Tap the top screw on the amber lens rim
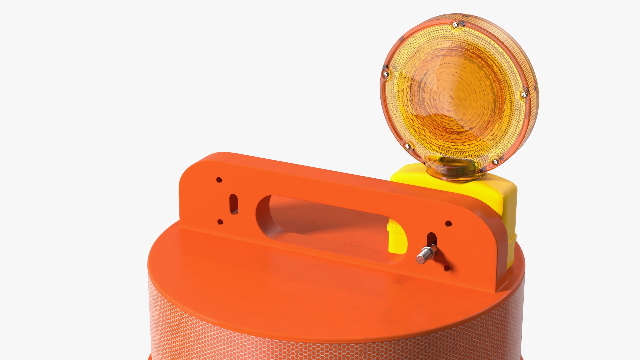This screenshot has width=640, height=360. click(455, 24)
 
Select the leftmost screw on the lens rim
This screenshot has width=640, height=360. click(386, 74)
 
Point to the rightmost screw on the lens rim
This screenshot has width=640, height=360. click(524, 95)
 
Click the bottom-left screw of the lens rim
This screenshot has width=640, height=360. click(407, 146)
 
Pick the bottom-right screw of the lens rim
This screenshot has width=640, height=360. click(496, 162)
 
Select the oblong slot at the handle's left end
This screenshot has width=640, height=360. click(234, 204)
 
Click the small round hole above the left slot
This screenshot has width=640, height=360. click(219, 180)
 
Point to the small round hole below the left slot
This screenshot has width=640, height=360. click(220, 222)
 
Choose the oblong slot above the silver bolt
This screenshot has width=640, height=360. click(432, 239)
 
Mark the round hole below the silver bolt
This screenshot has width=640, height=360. click(447, 268)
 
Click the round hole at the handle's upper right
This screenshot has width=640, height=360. click(449, 223)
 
